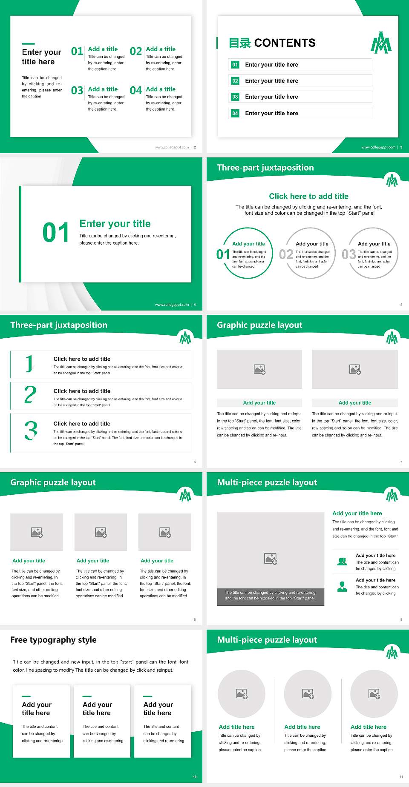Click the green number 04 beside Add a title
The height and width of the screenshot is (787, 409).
coord(136,91)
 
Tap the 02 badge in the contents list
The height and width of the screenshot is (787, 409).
coord(235,81)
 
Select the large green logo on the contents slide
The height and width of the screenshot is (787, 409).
coord(381,43)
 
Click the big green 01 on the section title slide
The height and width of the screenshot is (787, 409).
coord(56,233)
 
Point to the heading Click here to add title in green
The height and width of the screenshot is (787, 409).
coord(308,196)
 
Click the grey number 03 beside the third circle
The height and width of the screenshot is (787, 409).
coord(349,254)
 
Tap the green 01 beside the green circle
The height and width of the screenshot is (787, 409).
coord(223,254)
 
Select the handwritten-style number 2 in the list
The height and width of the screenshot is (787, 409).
coord(30,395)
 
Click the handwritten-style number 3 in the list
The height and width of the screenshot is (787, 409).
coord(31,431)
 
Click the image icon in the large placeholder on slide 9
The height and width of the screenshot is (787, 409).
coord(271,559)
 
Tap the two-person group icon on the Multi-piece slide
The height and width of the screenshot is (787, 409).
coord(342,562)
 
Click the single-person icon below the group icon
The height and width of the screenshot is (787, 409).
coord(342,587)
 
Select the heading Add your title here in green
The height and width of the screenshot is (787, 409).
coord(357,513)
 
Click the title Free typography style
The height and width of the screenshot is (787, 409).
coord(53,640)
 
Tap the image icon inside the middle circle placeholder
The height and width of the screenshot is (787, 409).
coord(308,694)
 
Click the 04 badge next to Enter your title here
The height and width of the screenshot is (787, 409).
coord(235,113)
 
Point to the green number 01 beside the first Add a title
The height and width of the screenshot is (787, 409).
coord(77,51)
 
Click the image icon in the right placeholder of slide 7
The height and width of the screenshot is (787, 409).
coord(355,369)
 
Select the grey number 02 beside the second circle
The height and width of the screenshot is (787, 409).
coord(286,254)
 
